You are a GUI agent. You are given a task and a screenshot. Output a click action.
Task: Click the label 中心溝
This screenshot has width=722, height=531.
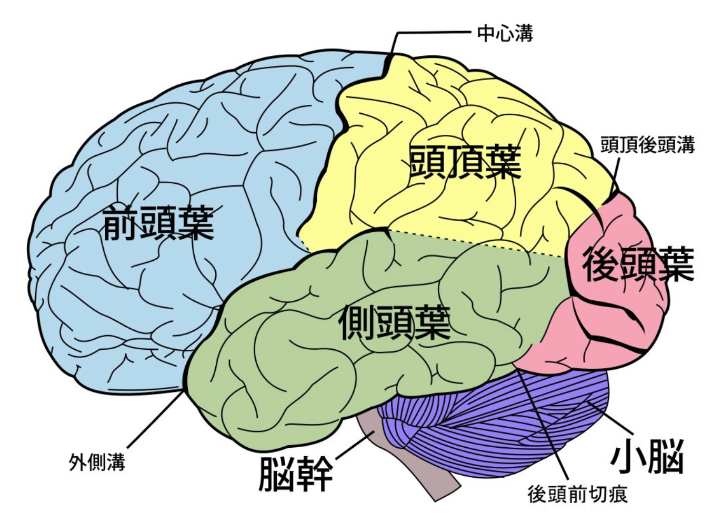(x=505, y=33)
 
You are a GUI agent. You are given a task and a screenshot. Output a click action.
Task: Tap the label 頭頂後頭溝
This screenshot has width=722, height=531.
(x=647, y=145)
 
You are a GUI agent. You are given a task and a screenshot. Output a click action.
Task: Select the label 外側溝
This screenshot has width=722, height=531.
(x=97, y=463)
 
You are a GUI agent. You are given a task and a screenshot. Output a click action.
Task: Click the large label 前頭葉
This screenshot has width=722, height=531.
(x=158, y=223)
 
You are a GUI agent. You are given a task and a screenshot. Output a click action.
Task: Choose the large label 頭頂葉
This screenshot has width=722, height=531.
(x=465, y=161)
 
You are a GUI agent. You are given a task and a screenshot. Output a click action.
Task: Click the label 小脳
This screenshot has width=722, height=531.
(x=647, y=456)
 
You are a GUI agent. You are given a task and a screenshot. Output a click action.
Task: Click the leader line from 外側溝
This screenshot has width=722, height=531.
(x=156, y=419)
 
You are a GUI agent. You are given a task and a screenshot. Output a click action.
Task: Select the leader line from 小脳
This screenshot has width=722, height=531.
(x=610, y=417)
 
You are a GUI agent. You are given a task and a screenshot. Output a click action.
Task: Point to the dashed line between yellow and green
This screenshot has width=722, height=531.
(x=476, y=243)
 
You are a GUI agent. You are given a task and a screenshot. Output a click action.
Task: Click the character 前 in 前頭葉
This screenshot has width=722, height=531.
(x=120, y=223)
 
